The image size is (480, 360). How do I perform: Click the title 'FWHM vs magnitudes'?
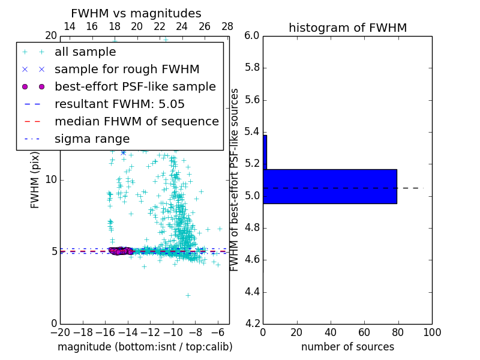tap(136, 13)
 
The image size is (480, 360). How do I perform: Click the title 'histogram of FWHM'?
tap(347, 28)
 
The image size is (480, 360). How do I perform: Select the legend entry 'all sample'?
tap(85, 52)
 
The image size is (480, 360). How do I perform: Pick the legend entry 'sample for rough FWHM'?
tap(127, 69)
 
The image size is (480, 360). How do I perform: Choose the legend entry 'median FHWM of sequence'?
tap(136, 121)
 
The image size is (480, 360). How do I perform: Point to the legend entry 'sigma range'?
tap(92, 139)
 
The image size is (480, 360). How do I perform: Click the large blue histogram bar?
tap(330, 187)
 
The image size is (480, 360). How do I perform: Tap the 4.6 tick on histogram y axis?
tap(252, 260)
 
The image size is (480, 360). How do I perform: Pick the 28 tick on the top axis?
tap(227, 26)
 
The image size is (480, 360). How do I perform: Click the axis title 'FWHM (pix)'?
tap(35, 180)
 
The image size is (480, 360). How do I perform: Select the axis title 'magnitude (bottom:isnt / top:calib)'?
tap(145, 347)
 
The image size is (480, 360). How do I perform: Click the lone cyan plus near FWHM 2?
tap(188, 295)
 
